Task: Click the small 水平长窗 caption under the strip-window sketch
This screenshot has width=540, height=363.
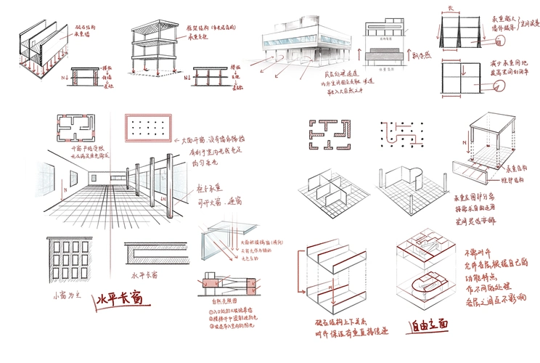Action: pos(143,276)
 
